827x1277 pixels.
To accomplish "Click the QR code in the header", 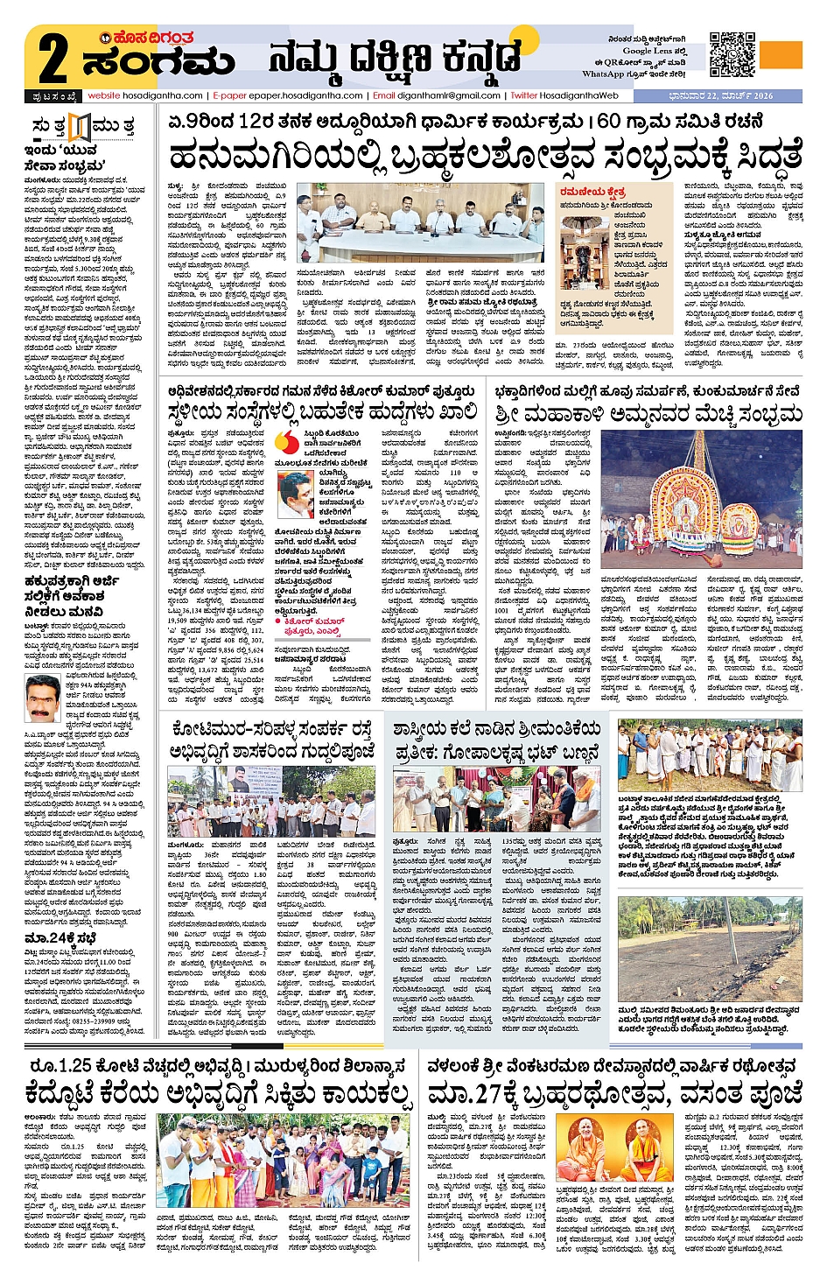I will (732, 53).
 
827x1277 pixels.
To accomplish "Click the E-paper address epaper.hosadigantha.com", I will (288, 95).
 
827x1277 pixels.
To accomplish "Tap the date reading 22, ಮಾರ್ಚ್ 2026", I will (732, 95).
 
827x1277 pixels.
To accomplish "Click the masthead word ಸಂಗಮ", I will (158, 62).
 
